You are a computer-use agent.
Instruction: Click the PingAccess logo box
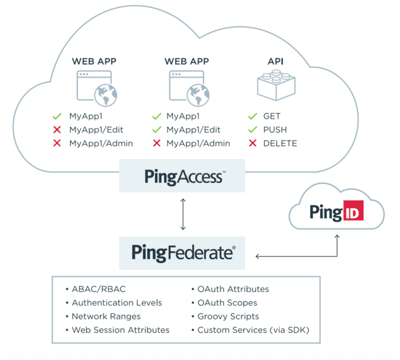(x=183, y=175)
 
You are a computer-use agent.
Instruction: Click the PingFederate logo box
(x=183, y=253)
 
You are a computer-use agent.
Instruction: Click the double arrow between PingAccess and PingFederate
(x=183, y=214)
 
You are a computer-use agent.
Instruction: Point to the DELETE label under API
(x=280, y=143)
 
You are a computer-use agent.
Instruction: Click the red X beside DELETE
(x=253, y=143)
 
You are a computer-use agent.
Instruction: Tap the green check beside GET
(x=253, y=116)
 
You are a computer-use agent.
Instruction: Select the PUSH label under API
(x=275, y=130)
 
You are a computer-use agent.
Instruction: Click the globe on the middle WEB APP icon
(x=198, y=95)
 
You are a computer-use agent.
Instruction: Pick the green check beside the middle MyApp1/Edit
(x=157, y=130)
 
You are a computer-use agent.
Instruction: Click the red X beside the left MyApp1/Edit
(x=57, y=130)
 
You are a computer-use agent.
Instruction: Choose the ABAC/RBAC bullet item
(x=98, y=289)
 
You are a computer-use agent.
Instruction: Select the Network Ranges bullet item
(x=106, y=316)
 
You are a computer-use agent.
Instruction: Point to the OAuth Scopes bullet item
(x=227, y=303)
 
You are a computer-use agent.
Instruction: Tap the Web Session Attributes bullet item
(x=120, y=330)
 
